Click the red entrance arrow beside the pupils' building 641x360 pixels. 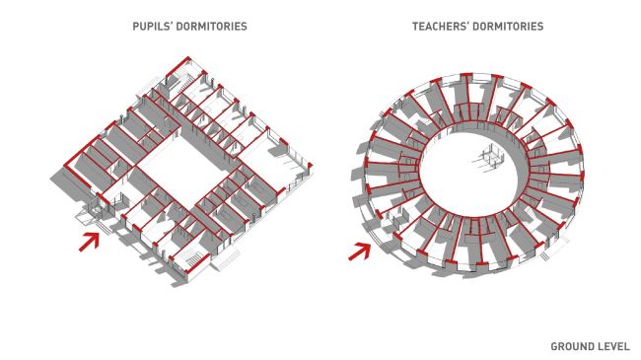[90, 242]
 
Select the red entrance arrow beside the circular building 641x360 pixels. [360, 251]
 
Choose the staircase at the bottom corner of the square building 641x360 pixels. [192, 259]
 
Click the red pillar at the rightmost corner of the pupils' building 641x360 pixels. [311, 166]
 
